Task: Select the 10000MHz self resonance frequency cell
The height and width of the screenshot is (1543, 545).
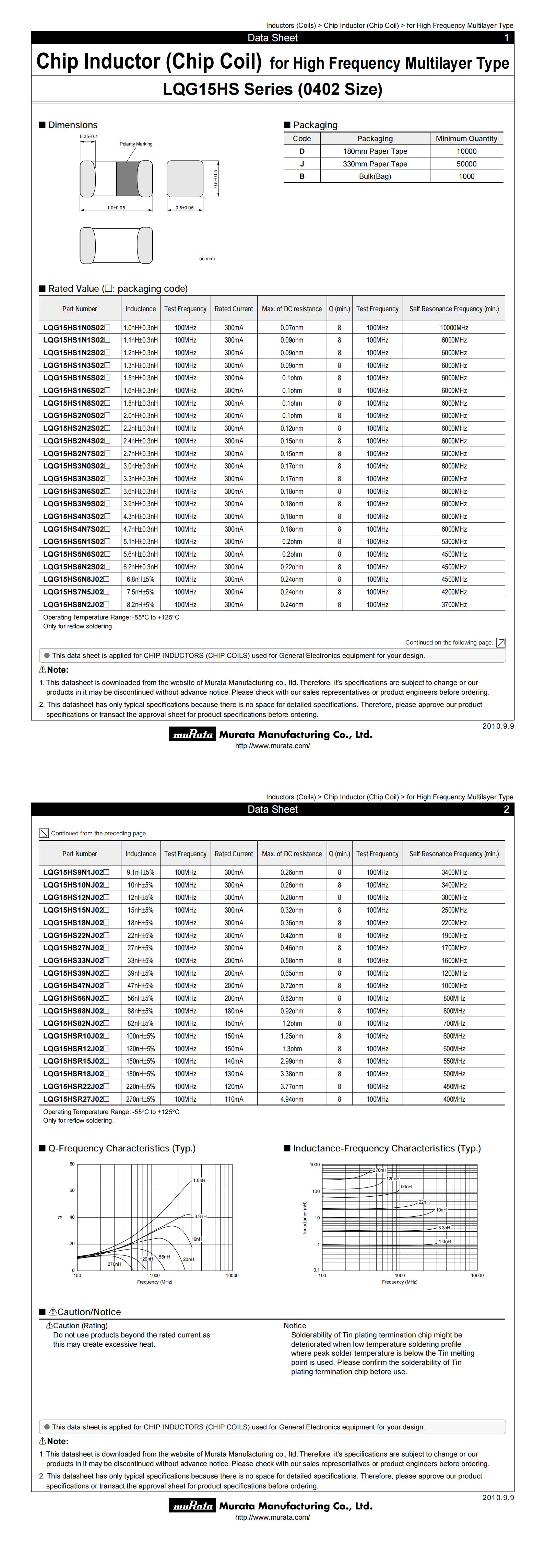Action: tap(454, 328)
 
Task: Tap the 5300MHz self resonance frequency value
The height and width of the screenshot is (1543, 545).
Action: tap(454, 542)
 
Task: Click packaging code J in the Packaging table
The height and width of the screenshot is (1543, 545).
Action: tap(302, 163)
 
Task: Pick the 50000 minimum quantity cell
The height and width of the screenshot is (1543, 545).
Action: tap(466, 163)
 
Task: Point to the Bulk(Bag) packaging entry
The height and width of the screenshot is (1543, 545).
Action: tap(375, 176)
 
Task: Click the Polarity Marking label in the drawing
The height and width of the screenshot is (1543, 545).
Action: tap(136, 144)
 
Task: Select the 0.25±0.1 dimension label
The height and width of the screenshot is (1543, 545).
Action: tap(88, 137)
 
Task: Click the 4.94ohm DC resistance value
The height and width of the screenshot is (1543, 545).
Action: tap(292, 1099)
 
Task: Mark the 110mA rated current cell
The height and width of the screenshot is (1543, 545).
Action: tap(234, 1099)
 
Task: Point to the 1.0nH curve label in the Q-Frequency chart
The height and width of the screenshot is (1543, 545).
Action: tap(199, 1180)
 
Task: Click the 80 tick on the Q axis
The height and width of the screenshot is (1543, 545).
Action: tap(72, 1164)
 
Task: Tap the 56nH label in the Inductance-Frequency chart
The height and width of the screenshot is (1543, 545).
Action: tap(406, 1186)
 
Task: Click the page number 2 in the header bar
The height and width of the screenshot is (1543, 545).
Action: tap(506, 809)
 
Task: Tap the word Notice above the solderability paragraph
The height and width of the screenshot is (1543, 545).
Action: tap(295, 1325)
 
